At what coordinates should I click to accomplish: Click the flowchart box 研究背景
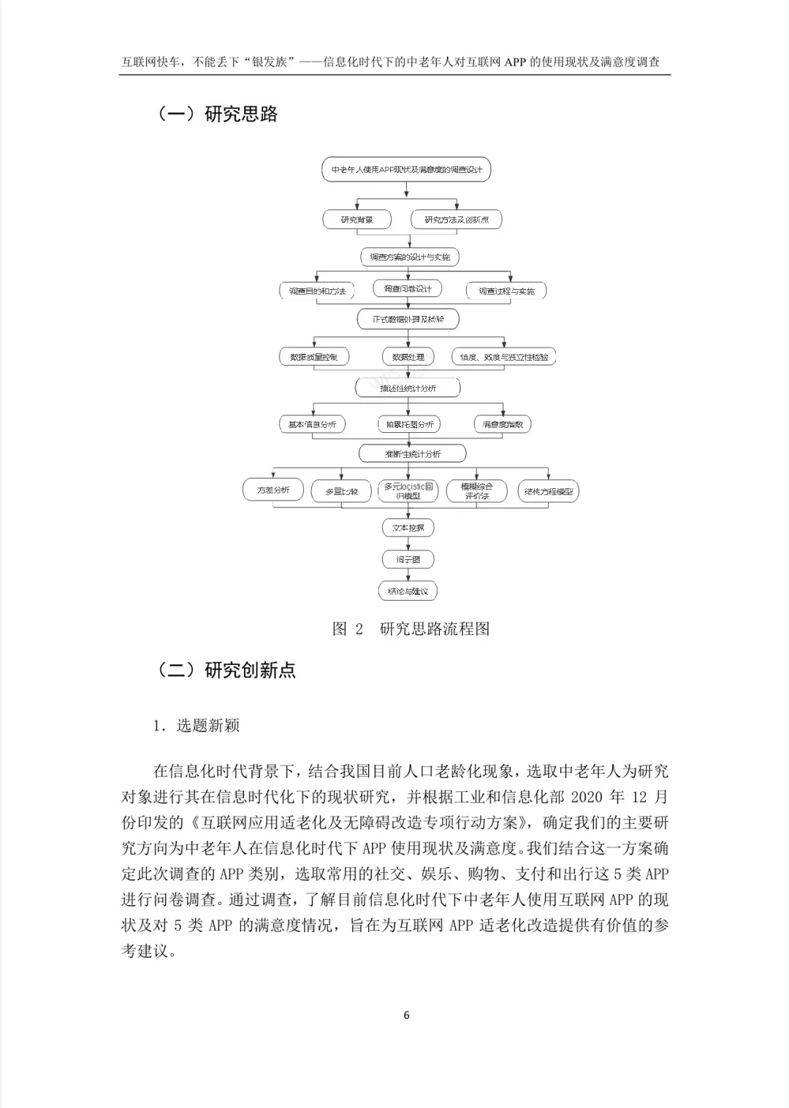coord(357,220)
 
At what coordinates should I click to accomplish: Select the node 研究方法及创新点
coord(457,220)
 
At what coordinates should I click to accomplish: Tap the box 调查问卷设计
coord(408,288)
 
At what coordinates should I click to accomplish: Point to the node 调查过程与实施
coord(506,291)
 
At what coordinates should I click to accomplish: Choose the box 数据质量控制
coord(313,357)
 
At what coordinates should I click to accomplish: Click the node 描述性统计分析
coord(408,388)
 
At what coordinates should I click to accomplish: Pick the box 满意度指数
coord(503,424)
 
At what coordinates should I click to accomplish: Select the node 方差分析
coord(272,490)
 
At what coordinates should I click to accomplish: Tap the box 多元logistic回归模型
coord(408,490)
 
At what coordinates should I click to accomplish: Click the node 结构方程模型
coord(548,491)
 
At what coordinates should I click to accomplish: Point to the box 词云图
coord(408,559)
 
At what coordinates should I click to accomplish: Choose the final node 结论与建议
coord(408,590)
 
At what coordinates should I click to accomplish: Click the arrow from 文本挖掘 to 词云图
coord(408,543)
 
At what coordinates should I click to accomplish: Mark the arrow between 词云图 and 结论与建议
coord(408,575)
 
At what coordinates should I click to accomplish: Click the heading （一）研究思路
coord(217,114)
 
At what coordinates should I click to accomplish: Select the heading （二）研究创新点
coord(226,669)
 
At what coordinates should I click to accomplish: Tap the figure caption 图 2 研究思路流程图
coord(411,628)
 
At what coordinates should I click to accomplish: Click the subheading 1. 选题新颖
coord(196,725)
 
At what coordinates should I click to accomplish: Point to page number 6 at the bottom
coord(406,1015)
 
